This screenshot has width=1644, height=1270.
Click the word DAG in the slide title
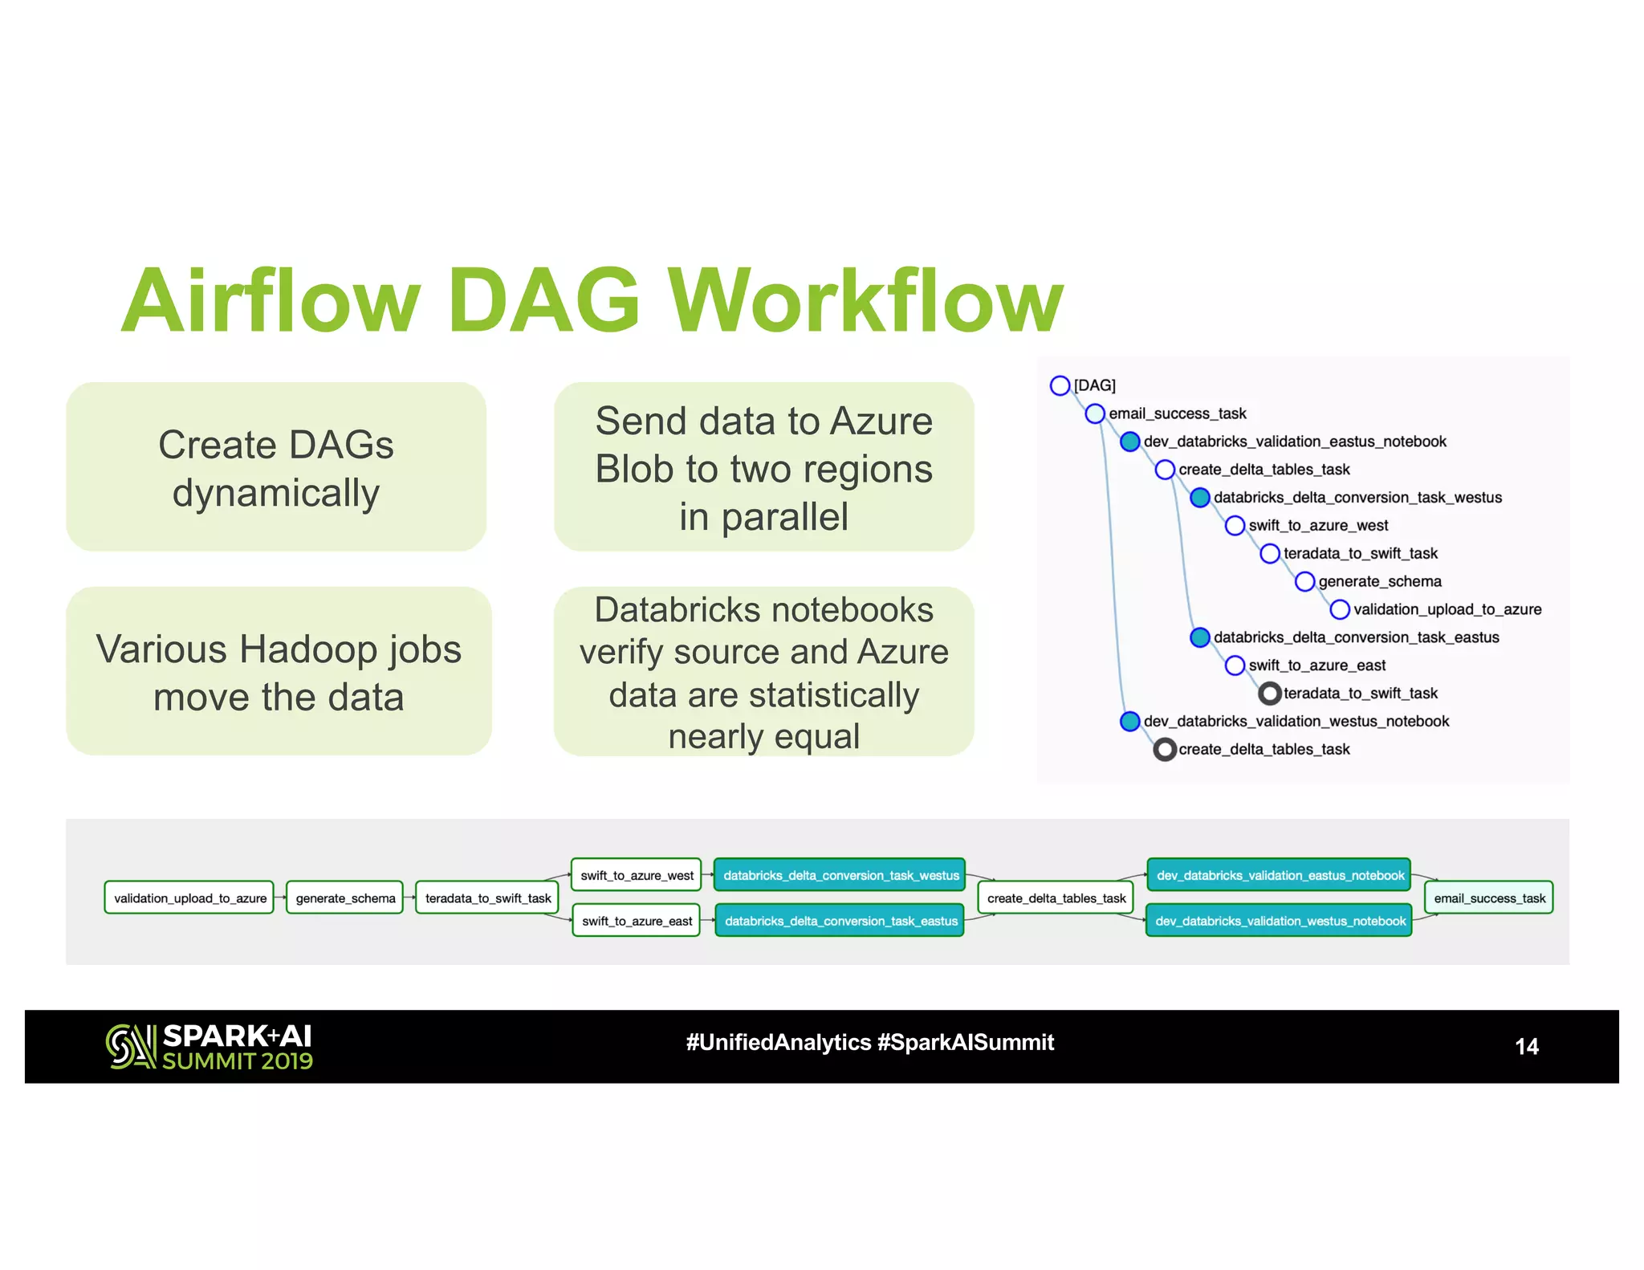pyautogui.click(x=543, y=301)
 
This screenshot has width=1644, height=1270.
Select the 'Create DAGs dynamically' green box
pyautogui.click(x=276, y=467)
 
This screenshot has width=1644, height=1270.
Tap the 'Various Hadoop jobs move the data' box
pyautogui.click(x=279, y=671)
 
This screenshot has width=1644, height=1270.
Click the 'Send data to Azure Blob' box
pyautogui.click(x=763, y=467)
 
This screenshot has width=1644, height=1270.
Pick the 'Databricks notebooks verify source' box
pyautogui.click(x=763, y=671)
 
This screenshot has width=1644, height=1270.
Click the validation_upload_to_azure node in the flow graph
pyautogui.click(x=189, y=898)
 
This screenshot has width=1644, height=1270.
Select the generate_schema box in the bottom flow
pyautogui.click(x=345, y=898)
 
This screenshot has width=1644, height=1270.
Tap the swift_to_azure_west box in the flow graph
pyautogui.click(x=637, y=875)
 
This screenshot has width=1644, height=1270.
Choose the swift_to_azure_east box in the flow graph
pyautogui.click(x=637, y=921)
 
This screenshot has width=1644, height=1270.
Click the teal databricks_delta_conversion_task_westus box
pyautogui.click(x=840, y=875)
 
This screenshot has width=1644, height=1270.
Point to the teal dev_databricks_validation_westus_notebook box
pyautogui.click(x=1280, y=921)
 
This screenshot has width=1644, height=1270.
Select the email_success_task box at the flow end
pyautogui.click(x=1489, y=898)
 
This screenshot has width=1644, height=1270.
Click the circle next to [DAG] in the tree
pyautogui.click(x=1060, y=385)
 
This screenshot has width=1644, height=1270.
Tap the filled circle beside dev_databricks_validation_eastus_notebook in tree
pyautogui.click(x=1129, y=442)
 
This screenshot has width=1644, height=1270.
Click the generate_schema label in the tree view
pyautogui.click(x=1379, y=581)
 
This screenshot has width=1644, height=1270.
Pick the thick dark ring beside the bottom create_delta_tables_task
pyautogui.click(x=1165, y=749)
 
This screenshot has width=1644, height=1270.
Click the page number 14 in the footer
pyautogui.click(x=1526, y=1046)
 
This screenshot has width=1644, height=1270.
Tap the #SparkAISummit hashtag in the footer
pyautogui.click(x=966, y=1042)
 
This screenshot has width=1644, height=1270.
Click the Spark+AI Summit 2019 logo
pyautogui.click(x=210, y=1047)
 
